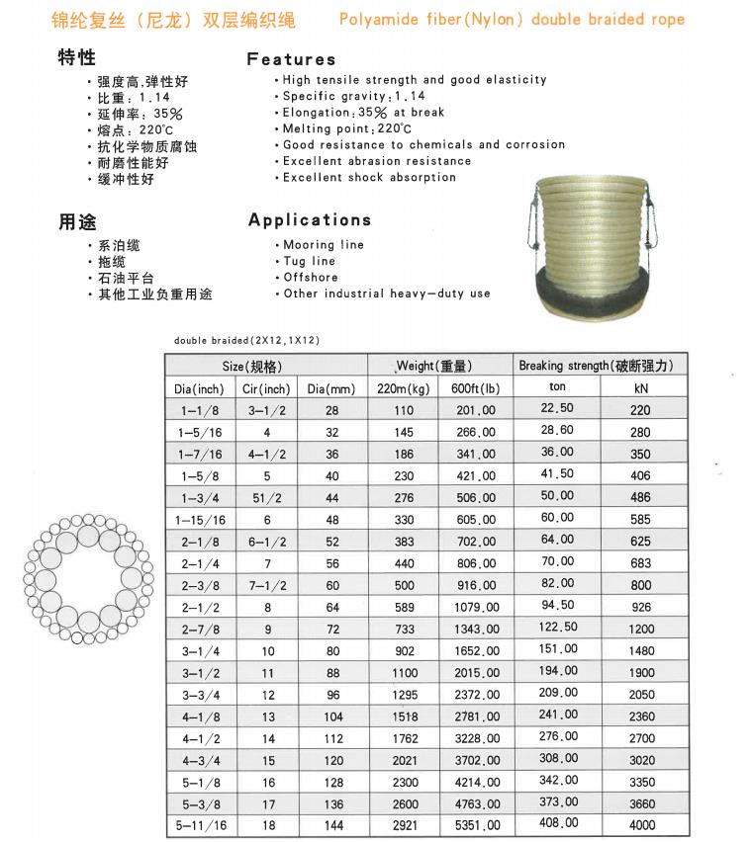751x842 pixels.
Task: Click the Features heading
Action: click(x=291, y=59)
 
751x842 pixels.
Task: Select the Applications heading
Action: click(x=310, y=219)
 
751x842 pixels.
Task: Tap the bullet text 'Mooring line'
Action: click(x=323, y=245)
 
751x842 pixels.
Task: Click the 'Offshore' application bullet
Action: click(x=311, y=278)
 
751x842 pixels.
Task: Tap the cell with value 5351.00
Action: click(x=476, y=824)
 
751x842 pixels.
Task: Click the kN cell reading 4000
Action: click(x=641, y=824)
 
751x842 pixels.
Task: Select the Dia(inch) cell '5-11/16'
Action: click(x=201, y=824)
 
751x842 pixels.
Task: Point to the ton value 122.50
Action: click(x=557, y=628)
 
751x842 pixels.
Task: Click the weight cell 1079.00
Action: click(x=476, y=606)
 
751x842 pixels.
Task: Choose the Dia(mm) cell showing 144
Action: click(x=331, y=824)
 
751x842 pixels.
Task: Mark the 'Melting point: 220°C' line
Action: click(x=346, y=128)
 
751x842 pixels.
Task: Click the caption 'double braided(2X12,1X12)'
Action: click(x=246, y=340)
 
